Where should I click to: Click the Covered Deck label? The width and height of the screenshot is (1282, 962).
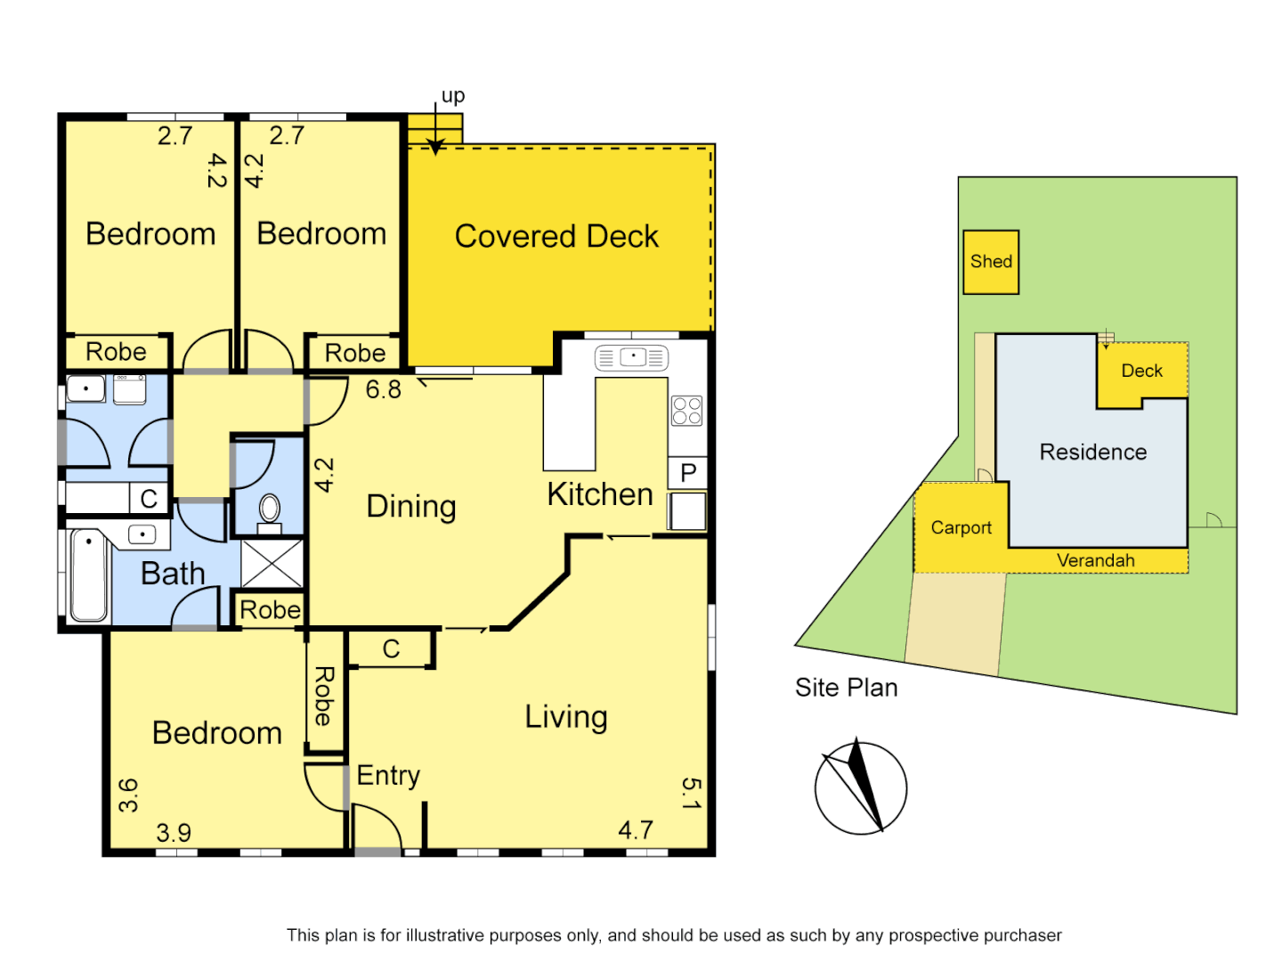point(556,236)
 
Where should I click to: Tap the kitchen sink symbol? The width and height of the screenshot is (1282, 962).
point(631,357)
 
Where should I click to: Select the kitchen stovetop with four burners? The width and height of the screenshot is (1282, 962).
point(686,411)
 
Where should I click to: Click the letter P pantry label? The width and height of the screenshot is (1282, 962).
point(688,472)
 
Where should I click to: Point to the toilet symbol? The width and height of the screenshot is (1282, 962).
point(269,510)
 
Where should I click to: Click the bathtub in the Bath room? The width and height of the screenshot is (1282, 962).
point(89,575)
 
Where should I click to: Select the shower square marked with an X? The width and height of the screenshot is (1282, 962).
point(272,563)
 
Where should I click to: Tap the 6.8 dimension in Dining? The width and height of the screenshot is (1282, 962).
point(383,389)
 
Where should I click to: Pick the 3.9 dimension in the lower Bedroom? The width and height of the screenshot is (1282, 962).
point(174,833)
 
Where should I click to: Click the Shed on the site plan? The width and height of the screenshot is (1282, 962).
point(991,262)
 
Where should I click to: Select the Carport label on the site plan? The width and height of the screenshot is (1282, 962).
point(961,527)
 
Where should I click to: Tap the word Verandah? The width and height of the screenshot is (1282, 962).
point(1095,560)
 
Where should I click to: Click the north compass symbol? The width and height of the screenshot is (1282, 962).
point(860,788)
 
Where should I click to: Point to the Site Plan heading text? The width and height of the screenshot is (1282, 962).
point(846,688)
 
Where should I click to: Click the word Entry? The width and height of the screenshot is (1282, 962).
point(388,776)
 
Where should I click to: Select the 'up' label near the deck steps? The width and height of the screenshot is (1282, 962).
point(453,96)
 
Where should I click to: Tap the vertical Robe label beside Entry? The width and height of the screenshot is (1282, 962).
point(324,696)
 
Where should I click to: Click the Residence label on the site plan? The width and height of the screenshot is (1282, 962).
point(1092,452)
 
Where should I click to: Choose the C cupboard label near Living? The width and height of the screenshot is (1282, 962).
point(391,649)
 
